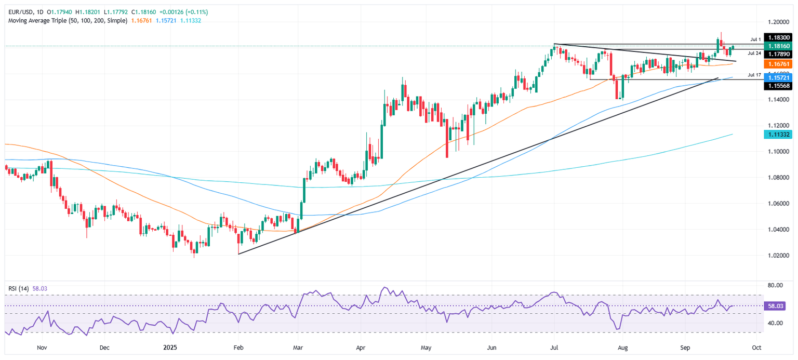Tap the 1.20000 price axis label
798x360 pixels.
pyautogui.click(x=777, y=22)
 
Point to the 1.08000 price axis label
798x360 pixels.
pyautogui.click(x=777, y=178)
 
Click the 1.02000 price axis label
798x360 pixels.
pyautogui.click(x=777, y=256)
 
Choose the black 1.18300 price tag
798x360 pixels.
pyautogui.click(x=777, y=38)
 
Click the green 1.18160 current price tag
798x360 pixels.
pyautogui.click(x=777, y=46)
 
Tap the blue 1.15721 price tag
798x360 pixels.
pyautogui.click(x=777, y=77)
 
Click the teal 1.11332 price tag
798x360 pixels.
pyautogui.click(x=777, y=135)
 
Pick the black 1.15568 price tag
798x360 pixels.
pyautogui.click(x=777, y=86)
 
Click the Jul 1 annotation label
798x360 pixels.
pyautogui.click(x=755, y=39)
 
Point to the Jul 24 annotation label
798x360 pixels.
pyautogui.click(x=755, y=54)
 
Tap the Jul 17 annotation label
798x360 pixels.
pyautogui.click(x=755, y=75)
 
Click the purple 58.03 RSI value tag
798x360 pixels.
pyautogui.click(x=777, y=306)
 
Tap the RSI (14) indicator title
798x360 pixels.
pyautogui.click(x=17, y=287)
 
